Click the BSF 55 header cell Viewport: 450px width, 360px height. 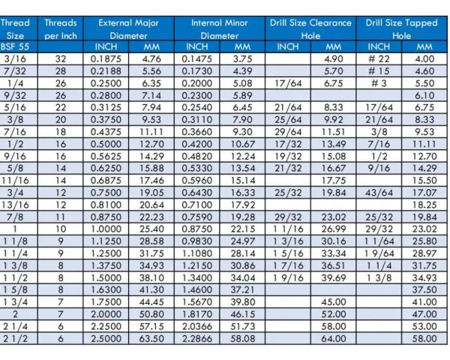[15, 46]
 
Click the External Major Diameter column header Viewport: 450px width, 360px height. [128, 29]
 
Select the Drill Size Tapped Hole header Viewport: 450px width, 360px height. [401, 29]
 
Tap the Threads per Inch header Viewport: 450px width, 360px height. [61, 29]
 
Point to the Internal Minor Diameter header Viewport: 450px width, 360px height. [220, 29]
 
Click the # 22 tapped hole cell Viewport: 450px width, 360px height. [379, 58]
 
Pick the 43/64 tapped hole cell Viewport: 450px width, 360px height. [379, 193]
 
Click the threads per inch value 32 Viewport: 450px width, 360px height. [61, 58]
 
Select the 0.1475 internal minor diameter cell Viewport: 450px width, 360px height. [196, 58]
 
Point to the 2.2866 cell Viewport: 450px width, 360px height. [196, 338]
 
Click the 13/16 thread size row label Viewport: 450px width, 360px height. [15, 205]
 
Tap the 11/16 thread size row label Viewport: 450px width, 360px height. [15, 181]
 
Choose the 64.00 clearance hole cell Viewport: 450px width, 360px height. [334, 338]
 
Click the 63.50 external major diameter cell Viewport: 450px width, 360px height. [151, 338]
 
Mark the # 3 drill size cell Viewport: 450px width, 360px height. [379, 83]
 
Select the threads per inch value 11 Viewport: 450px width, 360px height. [61, 217]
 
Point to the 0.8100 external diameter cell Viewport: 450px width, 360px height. [106, 205]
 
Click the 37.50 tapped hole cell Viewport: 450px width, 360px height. [424, 289]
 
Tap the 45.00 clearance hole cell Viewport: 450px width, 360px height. [334, 302]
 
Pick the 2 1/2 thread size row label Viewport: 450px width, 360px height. [15, 338]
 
